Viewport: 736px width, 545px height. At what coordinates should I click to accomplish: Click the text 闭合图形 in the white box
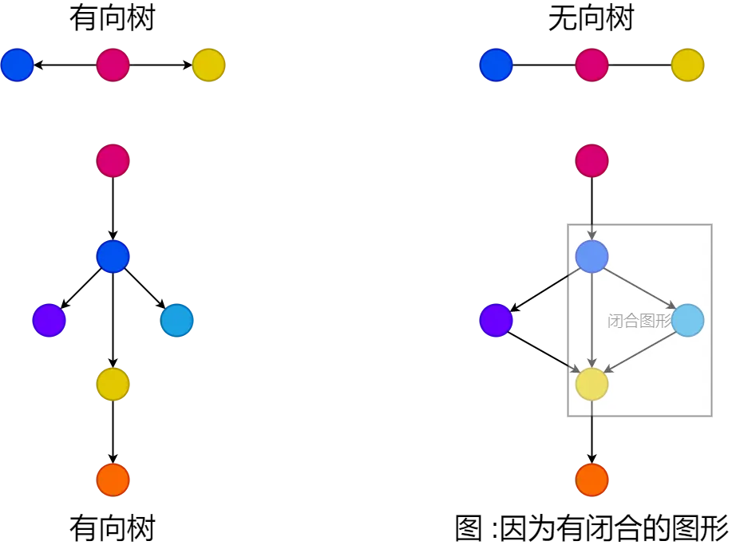pos(639,321)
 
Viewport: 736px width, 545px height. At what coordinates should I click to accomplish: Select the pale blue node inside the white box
pos(687,320)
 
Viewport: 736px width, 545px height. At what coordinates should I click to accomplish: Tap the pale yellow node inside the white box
pos(592,384)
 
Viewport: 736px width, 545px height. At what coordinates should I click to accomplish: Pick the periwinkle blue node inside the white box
pos(592,256)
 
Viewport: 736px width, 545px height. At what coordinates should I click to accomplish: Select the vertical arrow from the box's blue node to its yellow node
pos(592,319)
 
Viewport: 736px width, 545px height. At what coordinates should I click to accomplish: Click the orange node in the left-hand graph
pos(113,480)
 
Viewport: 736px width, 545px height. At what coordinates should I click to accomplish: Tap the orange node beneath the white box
pos(592,480)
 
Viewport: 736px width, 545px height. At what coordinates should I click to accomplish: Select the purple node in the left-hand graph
pos(49,320)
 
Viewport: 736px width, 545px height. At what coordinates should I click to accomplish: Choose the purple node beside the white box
pos(496,320)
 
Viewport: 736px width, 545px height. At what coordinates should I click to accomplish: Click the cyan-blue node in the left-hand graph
pos(176,320)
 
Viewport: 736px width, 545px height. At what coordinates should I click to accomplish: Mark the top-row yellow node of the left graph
pos(208,65)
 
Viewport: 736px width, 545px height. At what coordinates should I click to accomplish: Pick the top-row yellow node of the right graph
pos(687,65)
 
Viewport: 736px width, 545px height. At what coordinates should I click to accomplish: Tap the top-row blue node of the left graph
pos(17,65)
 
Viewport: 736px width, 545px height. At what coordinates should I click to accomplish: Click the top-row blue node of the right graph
pos(496,65)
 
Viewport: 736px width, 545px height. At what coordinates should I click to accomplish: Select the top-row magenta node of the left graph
pos(113,65)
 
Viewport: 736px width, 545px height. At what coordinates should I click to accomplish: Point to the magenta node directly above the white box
pos(592,160)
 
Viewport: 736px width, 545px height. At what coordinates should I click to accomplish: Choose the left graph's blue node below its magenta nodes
pos(113,256)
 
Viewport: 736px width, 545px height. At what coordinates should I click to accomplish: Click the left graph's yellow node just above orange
pos(113,384)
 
